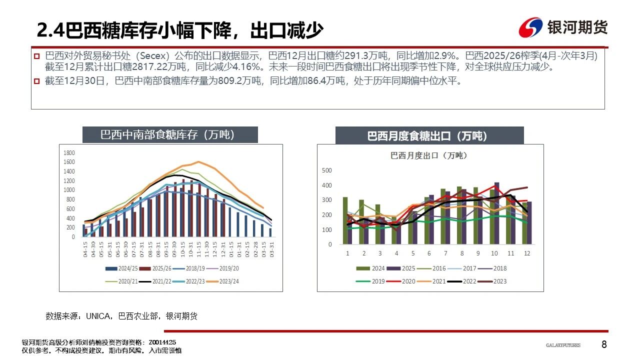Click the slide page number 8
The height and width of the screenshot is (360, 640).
tap(604, 344)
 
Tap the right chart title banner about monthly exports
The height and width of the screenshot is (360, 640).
tap(429, 135)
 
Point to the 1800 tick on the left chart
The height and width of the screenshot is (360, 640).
tap(69, 153)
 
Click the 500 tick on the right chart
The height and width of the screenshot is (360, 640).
tap(327, 170)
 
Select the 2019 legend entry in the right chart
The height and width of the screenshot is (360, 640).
tap(372, 281)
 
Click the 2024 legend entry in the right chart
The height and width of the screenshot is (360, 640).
tap(372, 268)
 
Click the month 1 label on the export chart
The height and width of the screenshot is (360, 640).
tap(347, 253)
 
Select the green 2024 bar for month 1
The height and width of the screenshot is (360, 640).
tap(345, 220)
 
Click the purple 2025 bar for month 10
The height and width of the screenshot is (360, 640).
tap(496, 213)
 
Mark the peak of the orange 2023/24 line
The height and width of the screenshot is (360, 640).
tap(199, 161)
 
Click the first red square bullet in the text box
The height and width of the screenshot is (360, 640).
tap(36, 55)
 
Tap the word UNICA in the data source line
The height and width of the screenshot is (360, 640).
tap(99, 316)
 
